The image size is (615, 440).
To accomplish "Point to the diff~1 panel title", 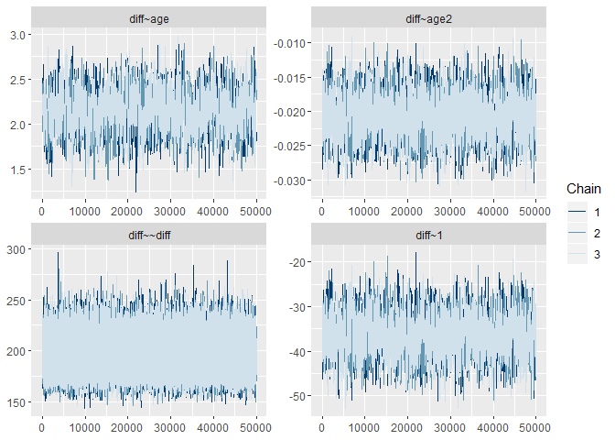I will pos(429,236).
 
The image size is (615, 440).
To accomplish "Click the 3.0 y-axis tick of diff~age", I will pos(17,35).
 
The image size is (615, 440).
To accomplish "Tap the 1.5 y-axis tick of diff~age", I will pos(17,170).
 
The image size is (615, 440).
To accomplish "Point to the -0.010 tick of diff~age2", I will pos(291,43).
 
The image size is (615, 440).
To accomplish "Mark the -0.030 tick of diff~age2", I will pos(291,180).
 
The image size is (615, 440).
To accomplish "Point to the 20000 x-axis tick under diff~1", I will pos(407,426).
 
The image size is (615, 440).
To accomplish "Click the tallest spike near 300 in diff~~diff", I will pos(58,254).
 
